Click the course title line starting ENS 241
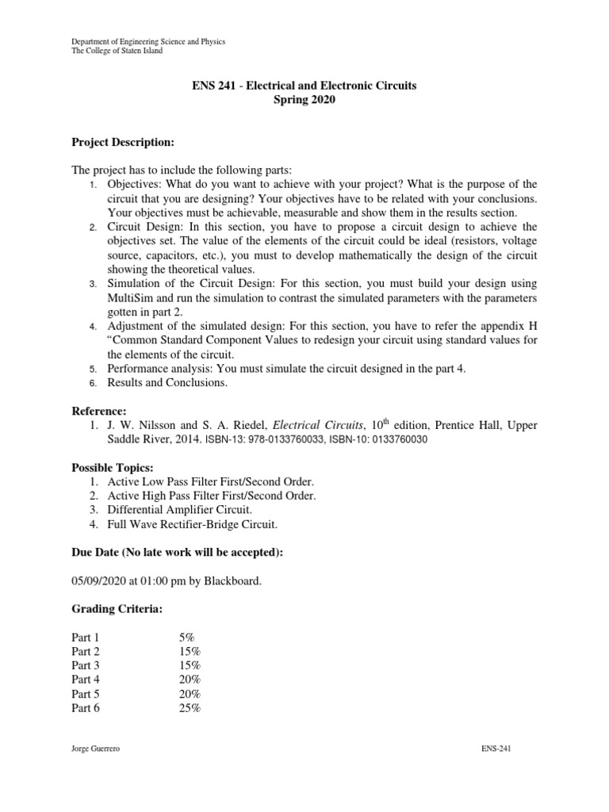(x=304, y=85)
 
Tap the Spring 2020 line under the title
(x=304, y=100)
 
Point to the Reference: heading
(x=99, y=411)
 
